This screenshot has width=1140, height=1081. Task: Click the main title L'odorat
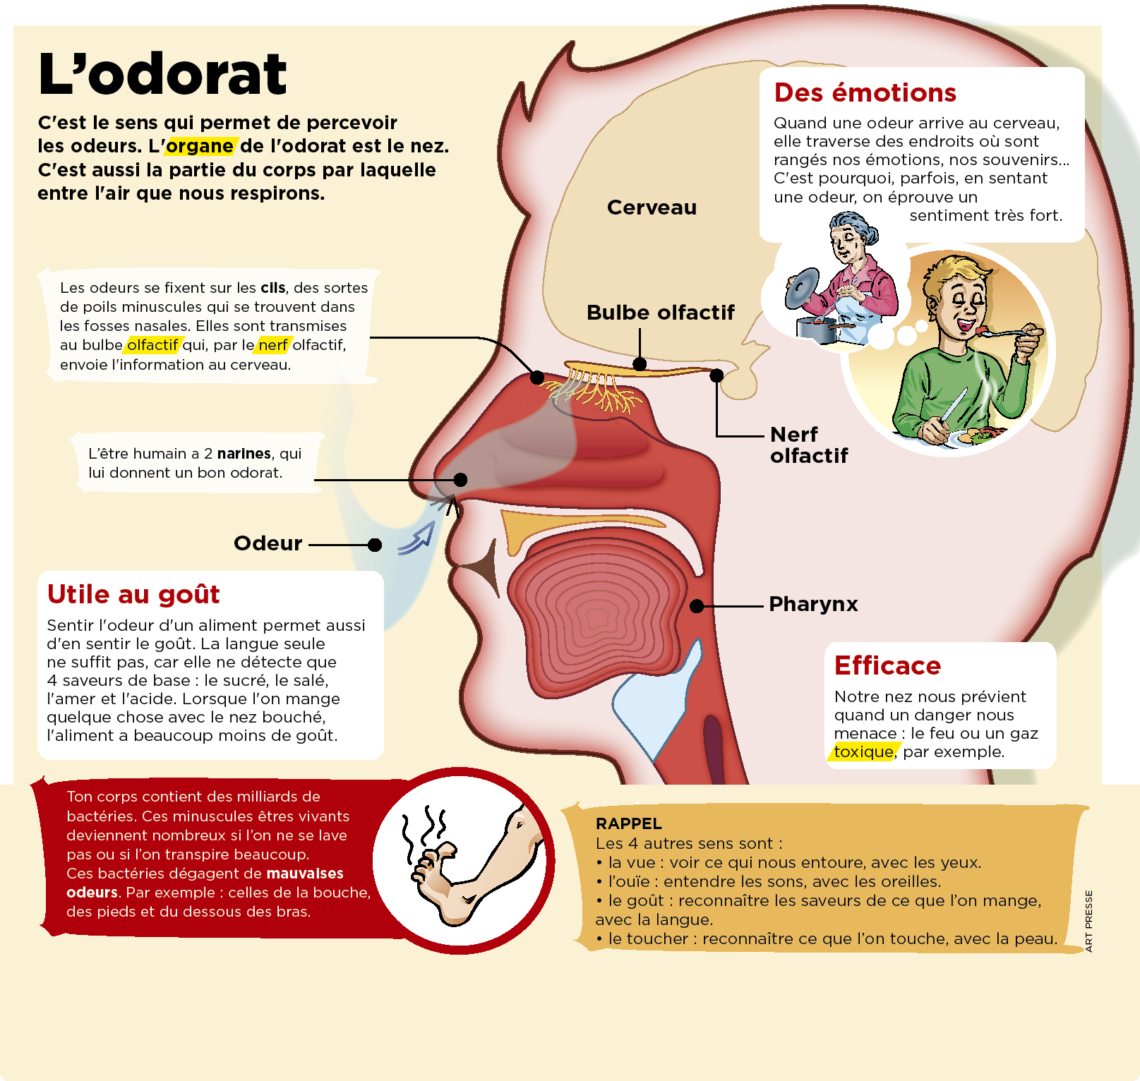[162, 73]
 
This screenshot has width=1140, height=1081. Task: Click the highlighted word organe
[200, 146]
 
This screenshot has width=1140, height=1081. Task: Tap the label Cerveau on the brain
[652, 207]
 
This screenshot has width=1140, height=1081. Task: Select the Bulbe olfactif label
[660, 313]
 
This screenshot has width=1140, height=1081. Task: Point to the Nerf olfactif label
[809, 445]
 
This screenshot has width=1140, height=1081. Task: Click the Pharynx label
[813, 604]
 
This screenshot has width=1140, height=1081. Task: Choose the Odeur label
[268, 543]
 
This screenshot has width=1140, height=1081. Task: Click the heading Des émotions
[865, 92]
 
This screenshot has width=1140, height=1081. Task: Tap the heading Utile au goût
[133, 594]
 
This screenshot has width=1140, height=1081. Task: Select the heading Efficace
[887, 665]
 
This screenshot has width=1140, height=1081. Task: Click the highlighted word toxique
[863, 751]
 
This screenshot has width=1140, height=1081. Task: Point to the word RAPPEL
[628, 823]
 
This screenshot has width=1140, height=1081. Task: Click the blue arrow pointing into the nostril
[416, 539]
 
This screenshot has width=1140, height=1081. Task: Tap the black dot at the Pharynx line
[697, 606]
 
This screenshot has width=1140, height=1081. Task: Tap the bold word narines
[244, 453]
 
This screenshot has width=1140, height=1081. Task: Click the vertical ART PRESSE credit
[1088, 921]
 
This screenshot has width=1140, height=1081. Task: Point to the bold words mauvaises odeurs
[205, 883]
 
